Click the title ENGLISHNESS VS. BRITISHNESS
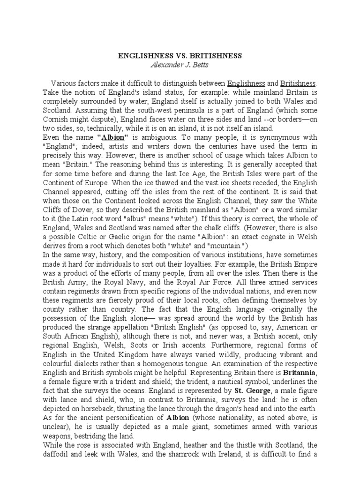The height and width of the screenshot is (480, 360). [180, 56]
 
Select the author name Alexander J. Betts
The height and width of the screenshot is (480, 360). [180, 64]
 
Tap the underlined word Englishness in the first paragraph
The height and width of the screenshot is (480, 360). [246, 83]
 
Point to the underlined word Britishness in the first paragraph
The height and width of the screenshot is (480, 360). [298, 83]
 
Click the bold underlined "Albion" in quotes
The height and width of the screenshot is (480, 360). [113, 138]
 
